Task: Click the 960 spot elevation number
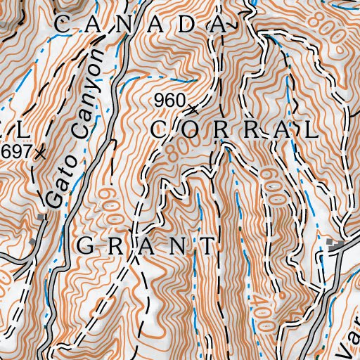pyautogui.click(x=168, y=101)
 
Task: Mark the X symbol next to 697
pyautogui.click(x=40, y=151)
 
